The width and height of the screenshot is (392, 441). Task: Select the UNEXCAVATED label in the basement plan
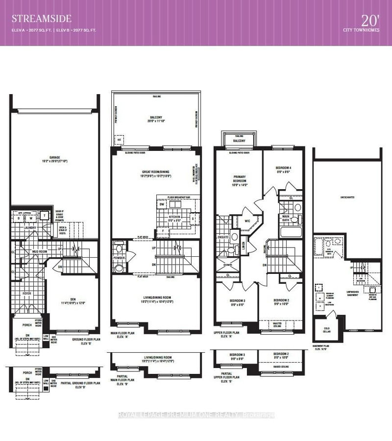[347, 199]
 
